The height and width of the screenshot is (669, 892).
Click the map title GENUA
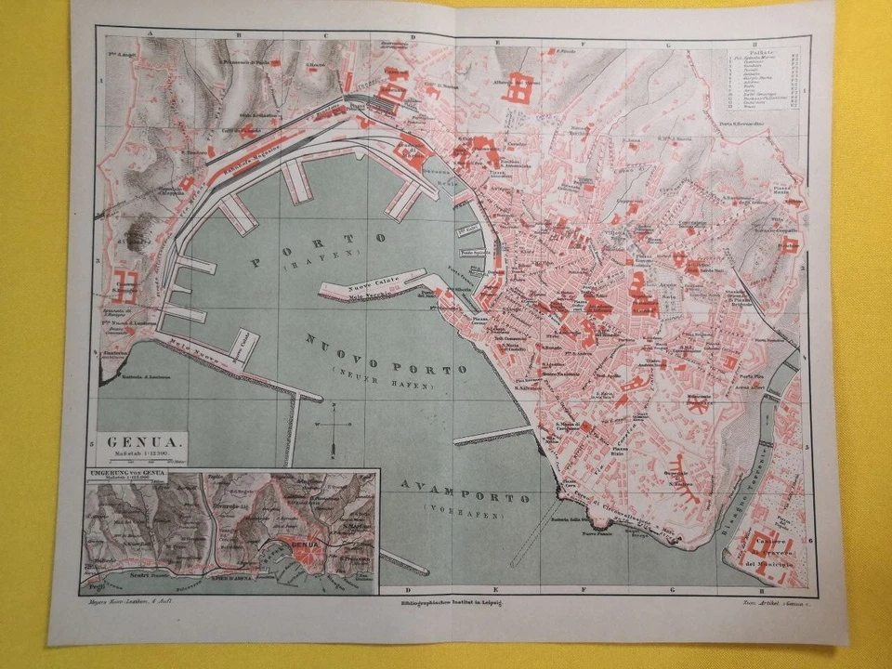tap(136, 442)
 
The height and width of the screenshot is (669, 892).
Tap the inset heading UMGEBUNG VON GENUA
tap(125, 474)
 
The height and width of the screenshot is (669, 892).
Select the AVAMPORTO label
tap(464, 492)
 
